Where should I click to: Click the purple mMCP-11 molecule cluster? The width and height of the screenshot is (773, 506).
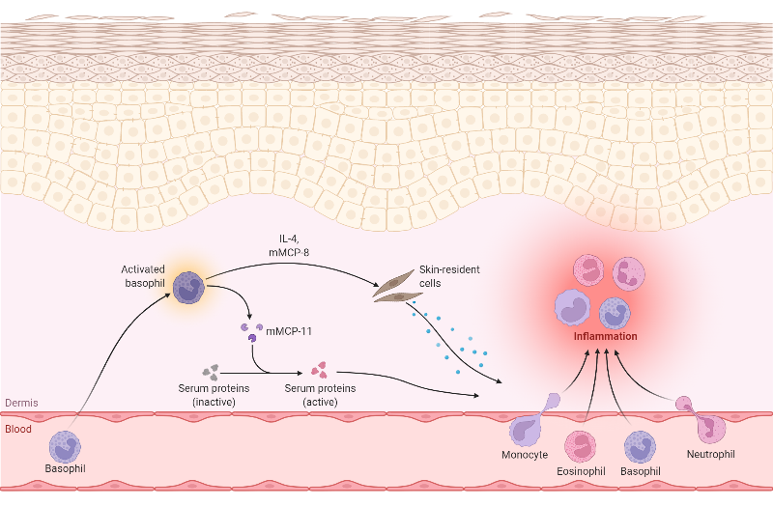(250, 331)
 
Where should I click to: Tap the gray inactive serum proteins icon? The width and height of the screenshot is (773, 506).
(212, 371)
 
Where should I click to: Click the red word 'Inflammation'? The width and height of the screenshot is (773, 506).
(605, 337)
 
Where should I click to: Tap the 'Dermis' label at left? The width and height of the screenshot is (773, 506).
(20, 404)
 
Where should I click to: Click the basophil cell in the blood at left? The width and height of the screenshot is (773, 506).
(65, 446)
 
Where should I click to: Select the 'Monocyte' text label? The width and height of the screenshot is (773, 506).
(526, 454)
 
